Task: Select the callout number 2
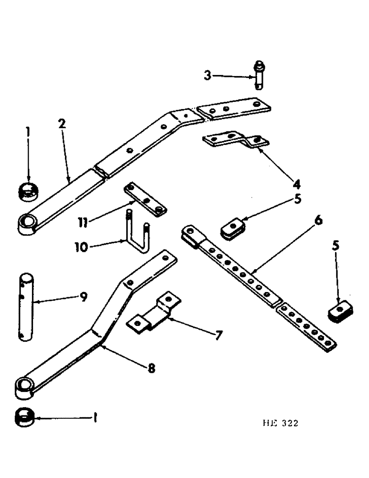(62, 124)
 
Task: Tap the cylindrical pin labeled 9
(27, 307)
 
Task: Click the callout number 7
(217, 335)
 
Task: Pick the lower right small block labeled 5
(340, 311)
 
